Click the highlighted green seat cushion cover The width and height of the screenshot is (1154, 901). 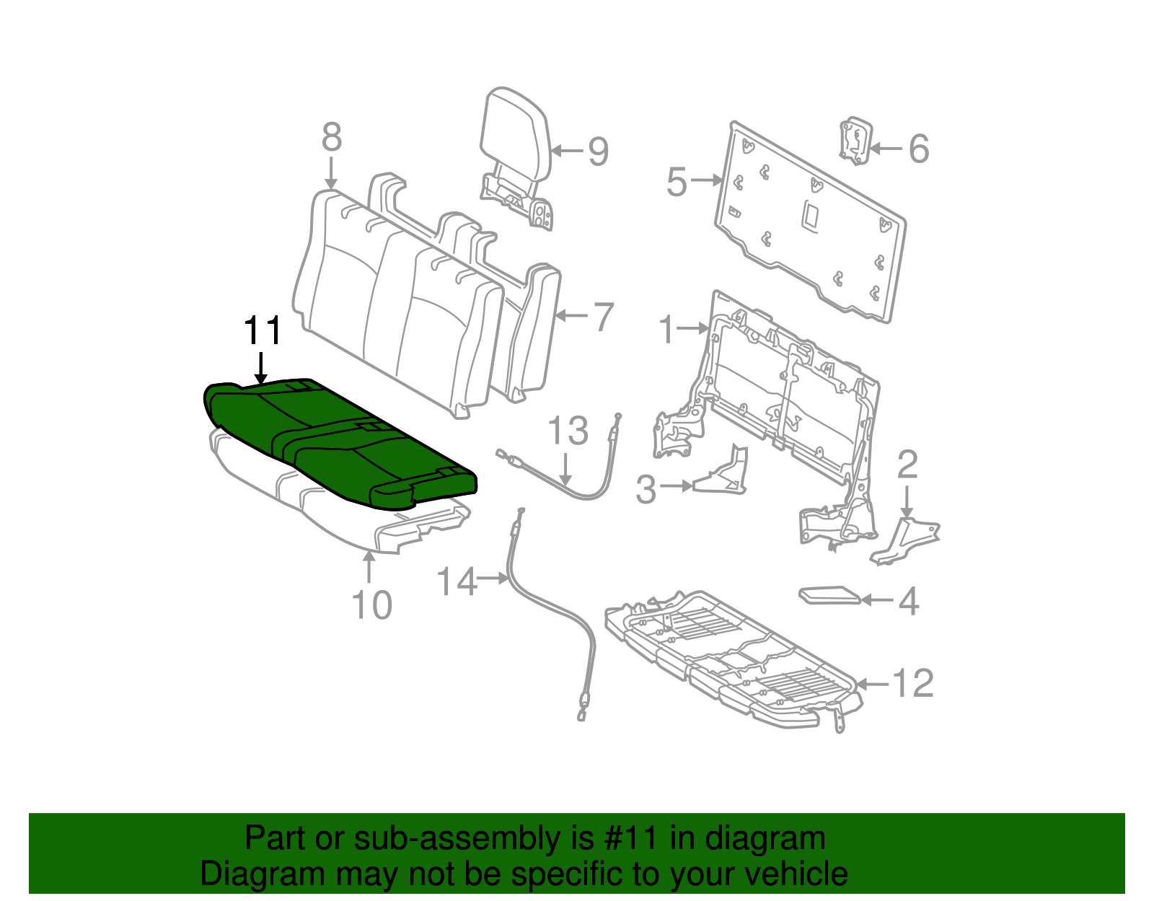coord(339,440)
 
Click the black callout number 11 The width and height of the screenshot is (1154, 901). coord(262,333)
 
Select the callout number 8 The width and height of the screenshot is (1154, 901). coord(331,137)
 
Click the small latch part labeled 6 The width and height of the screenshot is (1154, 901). coord(855,141)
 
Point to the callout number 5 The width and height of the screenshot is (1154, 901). coord(677,181)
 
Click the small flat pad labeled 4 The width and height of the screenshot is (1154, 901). coord(829,596)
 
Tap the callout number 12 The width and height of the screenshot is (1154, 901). coord(913,683)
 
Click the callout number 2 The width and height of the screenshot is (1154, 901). coord(907,465)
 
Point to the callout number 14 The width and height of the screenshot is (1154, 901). coord(457,581)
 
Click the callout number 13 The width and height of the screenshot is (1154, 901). coord(568,431)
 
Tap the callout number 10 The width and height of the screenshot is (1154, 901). coord(371,605)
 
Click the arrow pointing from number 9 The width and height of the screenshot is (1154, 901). coord(568,151)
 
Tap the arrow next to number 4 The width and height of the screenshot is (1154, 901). coord(877,599)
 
